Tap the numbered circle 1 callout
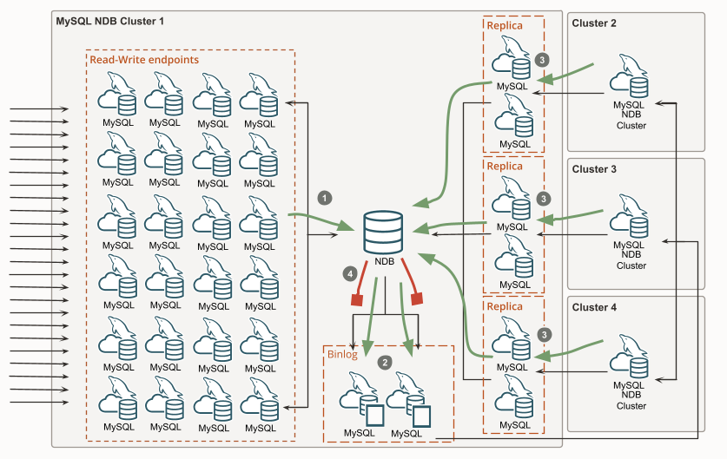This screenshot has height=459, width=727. [x=325, y=197]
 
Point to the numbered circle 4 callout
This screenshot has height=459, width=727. [x=351, y=273]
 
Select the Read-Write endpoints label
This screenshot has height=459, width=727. [x=144, y=60]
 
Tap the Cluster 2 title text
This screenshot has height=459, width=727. [x=594, y=23]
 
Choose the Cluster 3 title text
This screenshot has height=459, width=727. [x=594, y=169]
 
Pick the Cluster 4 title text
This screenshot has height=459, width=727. [x=594, y=307]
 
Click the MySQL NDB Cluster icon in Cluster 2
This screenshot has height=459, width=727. [x=631, y=77]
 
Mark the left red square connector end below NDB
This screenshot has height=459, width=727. [x=355, y=300]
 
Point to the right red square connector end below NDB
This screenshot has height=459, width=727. [x=416, y=298]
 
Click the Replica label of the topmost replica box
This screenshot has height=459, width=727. [x=505, y=25]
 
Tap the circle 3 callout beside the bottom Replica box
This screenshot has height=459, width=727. [x=544, y=334]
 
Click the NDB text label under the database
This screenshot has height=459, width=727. [x=385, y=261]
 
